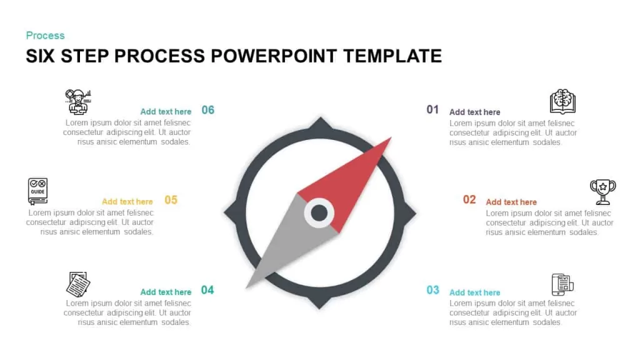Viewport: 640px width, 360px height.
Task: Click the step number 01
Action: click(432, 109)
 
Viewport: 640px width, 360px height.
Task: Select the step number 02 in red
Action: click(469, 199)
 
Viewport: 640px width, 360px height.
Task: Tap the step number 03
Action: click(432, 290)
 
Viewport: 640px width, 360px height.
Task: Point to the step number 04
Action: click(207, 290)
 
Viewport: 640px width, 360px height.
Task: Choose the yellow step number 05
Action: click(171, 200)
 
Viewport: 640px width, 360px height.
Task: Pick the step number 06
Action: click(207, 110)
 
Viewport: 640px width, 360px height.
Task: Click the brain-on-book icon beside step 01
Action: click(562, 101)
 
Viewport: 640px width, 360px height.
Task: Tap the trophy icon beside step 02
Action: click(603, 192)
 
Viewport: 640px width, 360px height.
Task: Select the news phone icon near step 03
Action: click(562, 284)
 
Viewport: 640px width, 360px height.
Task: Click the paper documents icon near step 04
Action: click(78, 284)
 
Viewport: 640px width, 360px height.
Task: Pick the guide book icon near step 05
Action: click(37, 191)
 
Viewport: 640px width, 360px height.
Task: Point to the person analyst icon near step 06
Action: click(78, 102)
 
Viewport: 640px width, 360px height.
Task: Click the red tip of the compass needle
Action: click(391, 138)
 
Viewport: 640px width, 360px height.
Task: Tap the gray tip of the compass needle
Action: click(247, 287)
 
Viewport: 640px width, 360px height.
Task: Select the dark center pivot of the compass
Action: click(319, 212)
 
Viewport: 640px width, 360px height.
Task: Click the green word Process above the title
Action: click(45, 36)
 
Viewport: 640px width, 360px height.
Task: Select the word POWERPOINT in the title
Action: click(274, 56)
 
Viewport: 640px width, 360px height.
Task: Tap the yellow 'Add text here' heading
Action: click(127, 202)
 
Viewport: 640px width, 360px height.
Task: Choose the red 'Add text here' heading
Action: click(511, 202)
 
